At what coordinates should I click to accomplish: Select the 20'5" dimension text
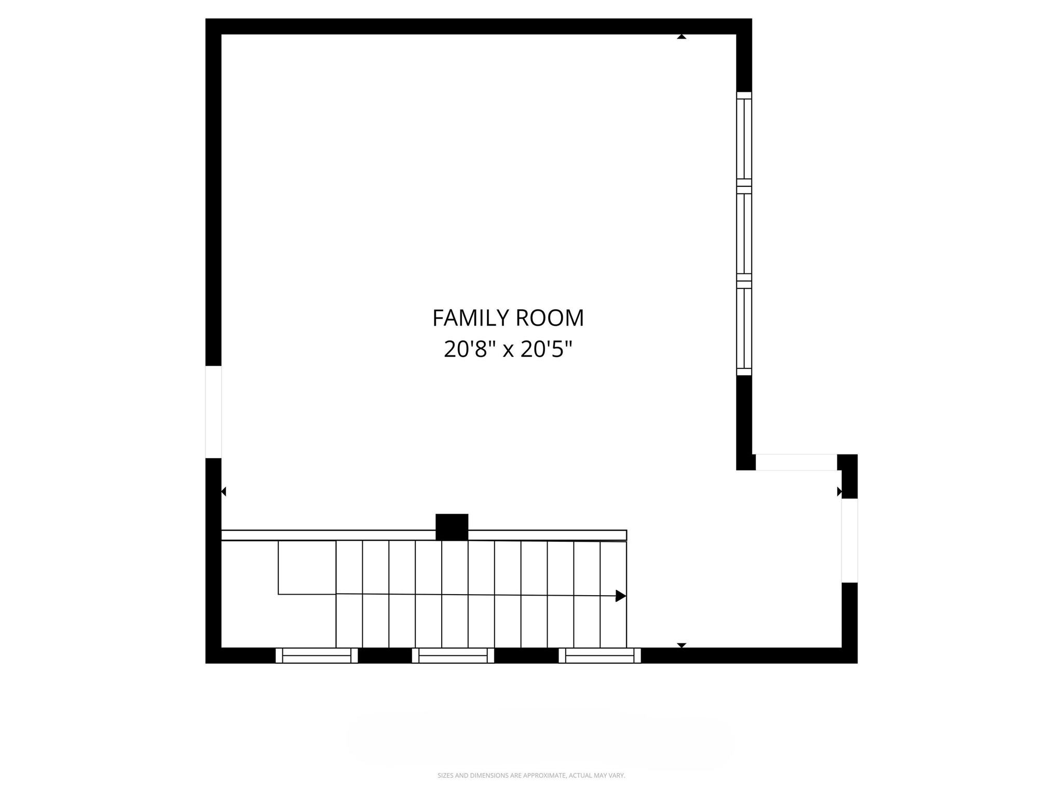(x=546, y=349)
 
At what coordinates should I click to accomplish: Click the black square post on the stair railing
(x=452, y=527)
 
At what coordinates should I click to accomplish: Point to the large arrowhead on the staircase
(x=621, y=596)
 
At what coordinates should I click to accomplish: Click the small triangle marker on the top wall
(x=682, y=37)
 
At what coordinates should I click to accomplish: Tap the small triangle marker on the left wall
(x=224, y=491)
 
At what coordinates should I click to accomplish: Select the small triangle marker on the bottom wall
(x=682, y=645)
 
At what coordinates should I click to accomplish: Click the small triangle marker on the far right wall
(x=839, y=491)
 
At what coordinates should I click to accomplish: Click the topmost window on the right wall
(x=744, y=139)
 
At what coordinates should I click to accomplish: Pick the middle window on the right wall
(x=744, y=233)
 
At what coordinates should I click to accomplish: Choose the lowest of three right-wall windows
(x=744, y=328)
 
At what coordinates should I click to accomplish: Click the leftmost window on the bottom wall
(x=317, y=655)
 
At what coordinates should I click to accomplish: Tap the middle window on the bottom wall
(x=453, y=655)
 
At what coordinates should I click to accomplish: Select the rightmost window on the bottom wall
(x=599, y=655)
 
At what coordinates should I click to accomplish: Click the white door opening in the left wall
(x=213, y=412)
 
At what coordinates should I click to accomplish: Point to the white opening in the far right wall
(x=849, y=540)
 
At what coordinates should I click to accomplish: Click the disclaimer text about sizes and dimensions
(x=531, y=775)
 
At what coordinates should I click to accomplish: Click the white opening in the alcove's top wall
(x=796, y=462)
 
